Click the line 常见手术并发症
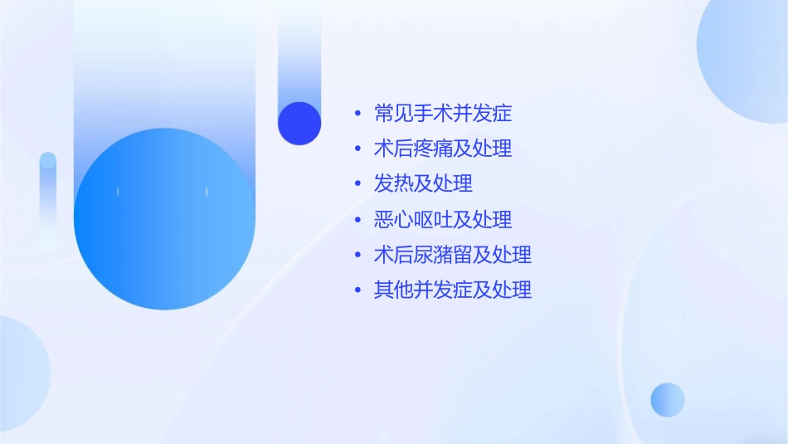tap(442, 113)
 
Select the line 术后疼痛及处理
tap(442, 149)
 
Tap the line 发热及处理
tap(423, 183)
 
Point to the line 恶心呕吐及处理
tap(442, 219)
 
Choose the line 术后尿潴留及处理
tap(452, 255)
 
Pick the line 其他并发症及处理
tap(452, 290)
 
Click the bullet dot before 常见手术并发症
tap(358, 113)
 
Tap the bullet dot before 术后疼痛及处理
tap(358, 149)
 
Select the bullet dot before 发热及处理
tap(358, 184)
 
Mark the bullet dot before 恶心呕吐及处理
tap(358, 220)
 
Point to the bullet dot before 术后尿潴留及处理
tap(358, 255)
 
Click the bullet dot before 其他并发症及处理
tap(358, 290)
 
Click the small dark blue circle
tap(299, 123)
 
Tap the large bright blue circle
tap(164, 219)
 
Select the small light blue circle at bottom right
tap(668, 399)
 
